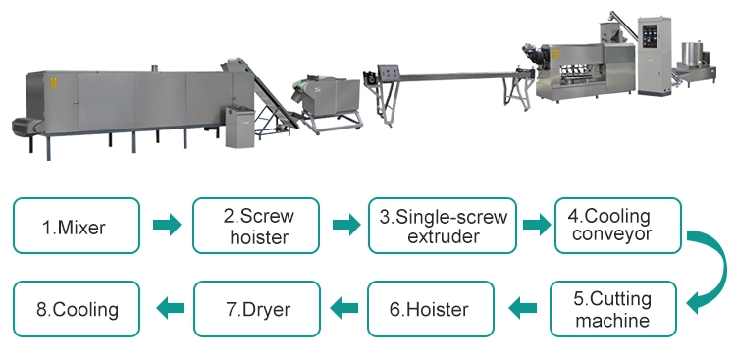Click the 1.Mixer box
(x=75, y=228)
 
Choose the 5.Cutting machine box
(x=613, y=309)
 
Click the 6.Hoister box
(x=429, y=310)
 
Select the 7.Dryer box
(x=257, y=310)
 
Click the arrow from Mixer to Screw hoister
(x=168, y=227)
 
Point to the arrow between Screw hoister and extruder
(x=345, y=227)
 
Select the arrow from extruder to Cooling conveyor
(x=535, y=227)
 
